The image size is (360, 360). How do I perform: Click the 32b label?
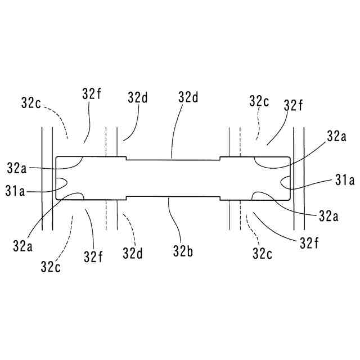[183, 251]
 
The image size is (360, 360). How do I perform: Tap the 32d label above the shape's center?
[189, 97]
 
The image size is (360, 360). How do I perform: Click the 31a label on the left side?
[15, 191]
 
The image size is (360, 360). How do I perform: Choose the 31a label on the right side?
[344, 181]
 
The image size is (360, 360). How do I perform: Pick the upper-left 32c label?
[30, 102]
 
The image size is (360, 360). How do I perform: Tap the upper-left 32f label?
[91, 94]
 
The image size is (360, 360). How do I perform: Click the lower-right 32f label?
[309, 243]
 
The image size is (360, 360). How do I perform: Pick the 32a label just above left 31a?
[17, 167]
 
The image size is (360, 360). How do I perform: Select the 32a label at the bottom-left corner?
[22, 246]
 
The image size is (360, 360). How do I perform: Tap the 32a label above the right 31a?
[336, 136]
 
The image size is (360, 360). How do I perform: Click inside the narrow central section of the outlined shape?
[172, 179]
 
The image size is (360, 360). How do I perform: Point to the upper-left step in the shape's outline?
[125, 159]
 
